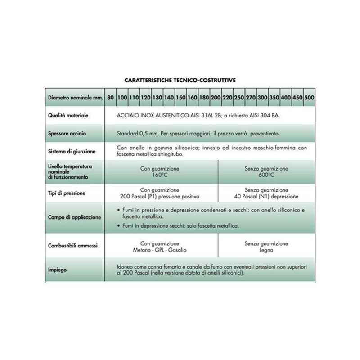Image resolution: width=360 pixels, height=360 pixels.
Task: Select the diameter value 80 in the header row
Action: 110,98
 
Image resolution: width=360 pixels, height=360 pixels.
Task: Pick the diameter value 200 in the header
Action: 216,98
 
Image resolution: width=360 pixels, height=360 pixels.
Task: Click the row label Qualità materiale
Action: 68,116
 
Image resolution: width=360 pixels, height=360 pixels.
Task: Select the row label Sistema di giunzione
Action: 72,151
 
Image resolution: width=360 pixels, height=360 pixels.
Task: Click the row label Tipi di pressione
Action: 67,193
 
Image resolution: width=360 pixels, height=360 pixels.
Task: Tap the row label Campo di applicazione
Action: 74,217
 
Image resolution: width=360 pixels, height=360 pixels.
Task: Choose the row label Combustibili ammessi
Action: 73,246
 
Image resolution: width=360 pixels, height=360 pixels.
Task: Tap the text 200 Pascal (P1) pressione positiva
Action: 161,197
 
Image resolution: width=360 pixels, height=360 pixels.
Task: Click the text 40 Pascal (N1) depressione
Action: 266,197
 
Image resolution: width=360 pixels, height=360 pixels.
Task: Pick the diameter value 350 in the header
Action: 274,98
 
